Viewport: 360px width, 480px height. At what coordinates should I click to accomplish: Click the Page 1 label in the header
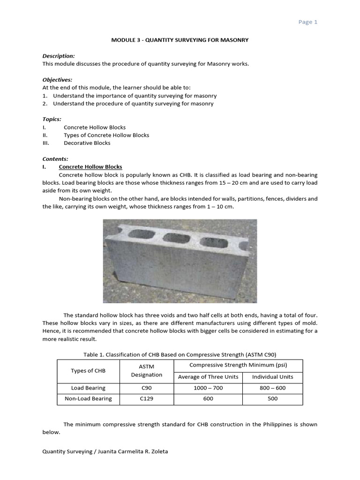coord(308,22)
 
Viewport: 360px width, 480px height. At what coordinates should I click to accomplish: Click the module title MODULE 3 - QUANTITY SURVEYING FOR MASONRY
coord(180,40)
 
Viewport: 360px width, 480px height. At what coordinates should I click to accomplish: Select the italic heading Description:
coord(59,56)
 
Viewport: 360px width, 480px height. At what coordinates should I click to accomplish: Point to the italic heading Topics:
coord(52,119)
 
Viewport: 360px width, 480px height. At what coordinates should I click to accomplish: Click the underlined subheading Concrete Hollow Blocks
coord(90,167)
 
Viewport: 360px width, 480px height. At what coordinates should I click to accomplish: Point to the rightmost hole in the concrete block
coord(211,242)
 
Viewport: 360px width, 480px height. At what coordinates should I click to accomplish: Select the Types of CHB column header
coord(88,371)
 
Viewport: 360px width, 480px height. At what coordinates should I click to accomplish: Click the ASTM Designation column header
coord(147,371)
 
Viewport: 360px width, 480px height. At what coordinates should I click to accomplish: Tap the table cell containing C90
coord(147,388)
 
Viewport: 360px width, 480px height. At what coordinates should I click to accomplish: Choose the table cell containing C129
coord(147,398)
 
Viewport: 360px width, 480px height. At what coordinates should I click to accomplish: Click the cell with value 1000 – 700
coord(208,388)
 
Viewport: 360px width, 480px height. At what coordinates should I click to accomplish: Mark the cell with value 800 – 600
coord(272,388)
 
